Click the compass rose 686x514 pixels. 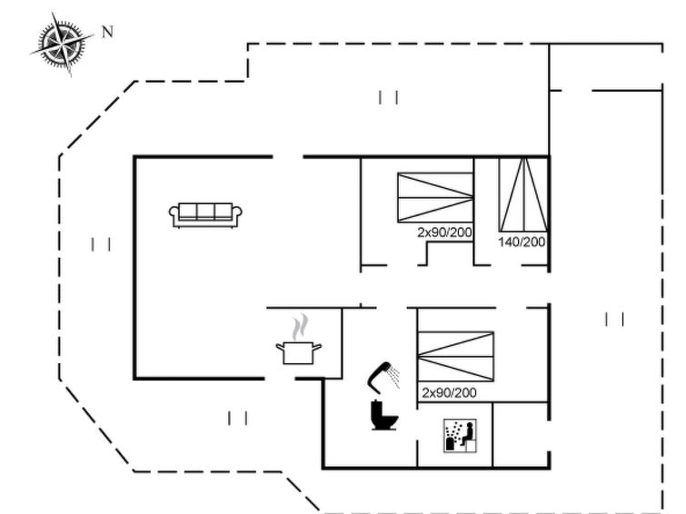coord(63,43)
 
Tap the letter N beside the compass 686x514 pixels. coord(107,32)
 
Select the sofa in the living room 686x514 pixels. coord(206,214)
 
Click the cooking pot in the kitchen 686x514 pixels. coord(299,351)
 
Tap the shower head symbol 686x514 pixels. coord(383,373)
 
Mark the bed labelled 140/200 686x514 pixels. coord(522,195)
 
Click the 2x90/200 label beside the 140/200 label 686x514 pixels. coord(445,233)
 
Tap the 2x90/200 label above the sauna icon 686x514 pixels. coord(449,393)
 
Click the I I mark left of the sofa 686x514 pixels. coord(101,243)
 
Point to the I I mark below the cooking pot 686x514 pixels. coord(238,418)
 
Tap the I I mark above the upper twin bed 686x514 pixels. coord(389,96)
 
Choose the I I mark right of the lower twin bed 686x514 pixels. coord(615,319)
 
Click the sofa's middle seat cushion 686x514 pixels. coord(206,212)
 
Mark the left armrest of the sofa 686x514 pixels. coord(174,214)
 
